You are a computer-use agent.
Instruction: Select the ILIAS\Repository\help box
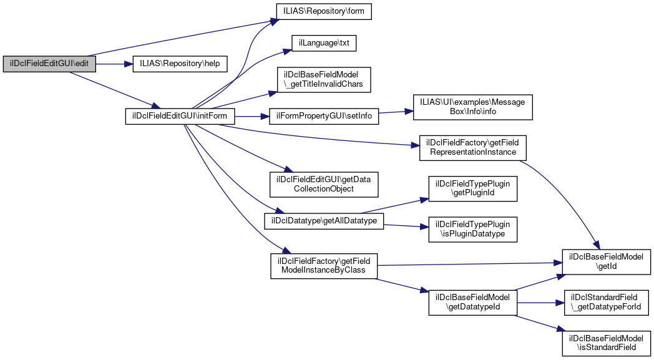tap(180, 64)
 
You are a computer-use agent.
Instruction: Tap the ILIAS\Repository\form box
tap(324, 12)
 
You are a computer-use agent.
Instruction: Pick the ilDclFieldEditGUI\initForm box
tap(180, 117)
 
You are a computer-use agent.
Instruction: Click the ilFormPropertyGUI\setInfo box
tap(324, 117)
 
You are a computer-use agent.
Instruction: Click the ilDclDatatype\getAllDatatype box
tap(324, 221)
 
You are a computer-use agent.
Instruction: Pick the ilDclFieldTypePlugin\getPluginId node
tap(472, 189)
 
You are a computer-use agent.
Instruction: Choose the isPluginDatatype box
tap(472, 229)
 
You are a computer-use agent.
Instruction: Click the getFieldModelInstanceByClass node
tap(324, 265)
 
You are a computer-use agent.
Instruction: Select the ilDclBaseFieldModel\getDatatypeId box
tap(472, 303)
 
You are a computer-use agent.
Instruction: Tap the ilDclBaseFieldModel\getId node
tap(607, 261)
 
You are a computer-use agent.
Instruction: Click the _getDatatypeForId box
tap(607, 303)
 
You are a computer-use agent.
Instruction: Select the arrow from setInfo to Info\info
tap(393, 112)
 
